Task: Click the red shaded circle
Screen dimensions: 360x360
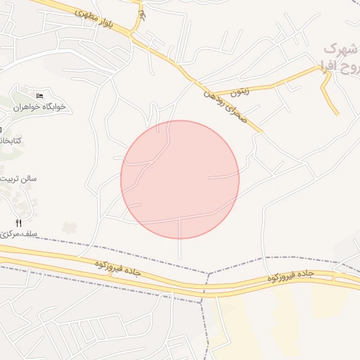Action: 180,179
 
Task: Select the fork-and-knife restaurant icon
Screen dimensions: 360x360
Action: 18,223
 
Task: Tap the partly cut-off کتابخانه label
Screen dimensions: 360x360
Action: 10,141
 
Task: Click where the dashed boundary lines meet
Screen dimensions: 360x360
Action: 208,274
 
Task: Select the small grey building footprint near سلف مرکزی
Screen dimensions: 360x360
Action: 68,227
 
